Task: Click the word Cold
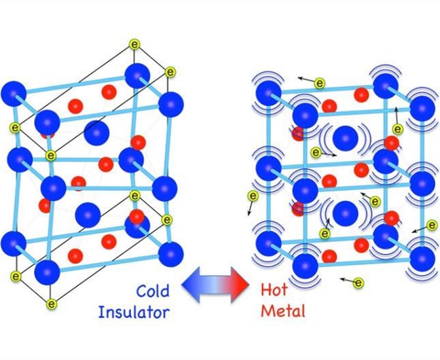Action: coord(153,291)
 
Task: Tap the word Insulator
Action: coord(134,312)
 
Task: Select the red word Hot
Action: coord(274,291)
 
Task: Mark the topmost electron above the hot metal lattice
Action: coord(320,83)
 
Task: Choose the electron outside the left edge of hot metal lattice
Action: coord(253,197)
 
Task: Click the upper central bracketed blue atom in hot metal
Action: coord(345,138)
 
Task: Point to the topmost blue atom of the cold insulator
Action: coord(138,75)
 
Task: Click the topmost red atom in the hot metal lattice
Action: coord(361,94)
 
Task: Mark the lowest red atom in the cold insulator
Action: coord(75,255)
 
